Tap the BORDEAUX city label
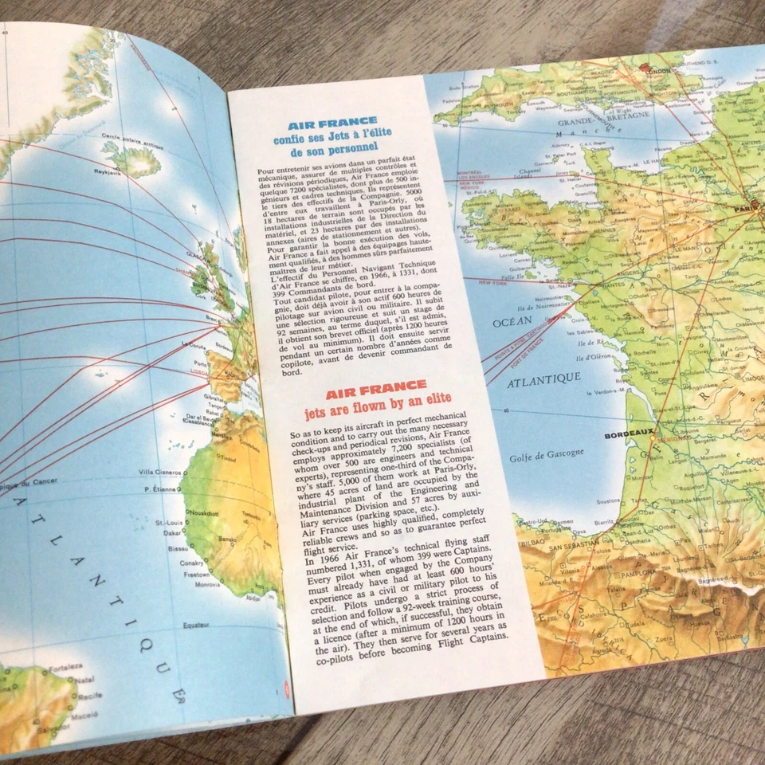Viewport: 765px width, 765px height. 627,436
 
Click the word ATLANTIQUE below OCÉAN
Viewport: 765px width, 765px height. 544,380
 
